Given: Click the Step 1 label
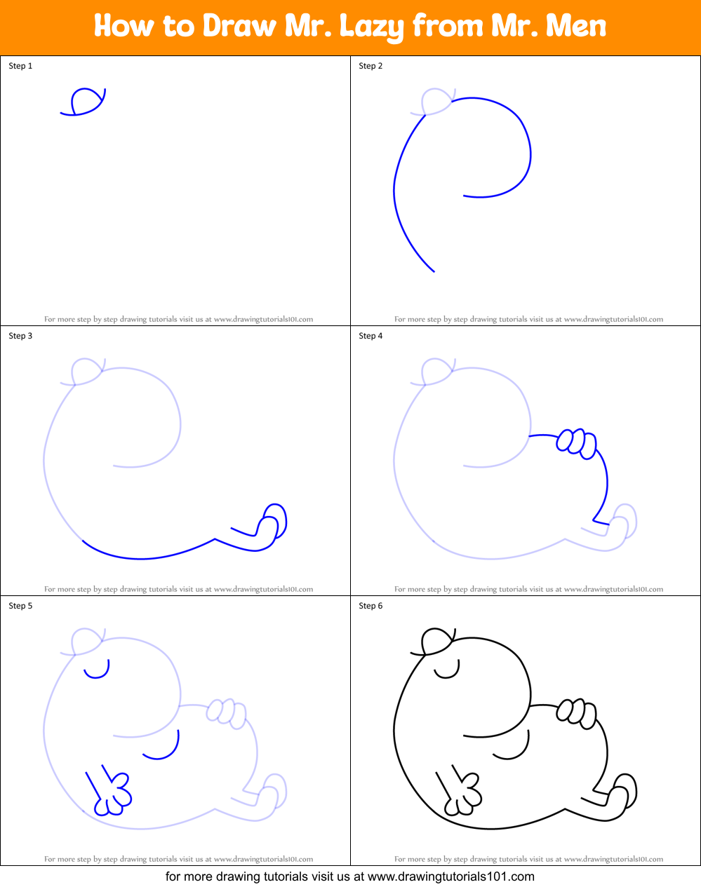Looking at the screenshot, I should coord(20,66).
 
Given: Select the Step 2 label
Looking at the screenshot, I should coord(370,66).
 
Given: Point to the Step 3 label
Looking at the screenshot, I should coord(20,336).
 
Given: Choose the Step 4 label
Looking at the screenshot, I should coord(370,336).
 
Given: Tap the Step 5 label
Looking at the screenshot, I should coord(20,606).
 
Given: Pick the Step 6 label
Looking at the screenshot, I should coord(370,606).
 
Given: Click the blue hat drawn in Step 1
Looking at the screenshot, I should coord(86,101).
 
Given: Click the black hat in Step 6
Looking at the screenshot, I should coord(436,641).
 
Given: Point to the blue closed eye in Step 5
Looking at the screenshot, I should coord(97,671).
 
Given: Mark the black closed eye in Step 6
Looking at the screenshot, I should coord(447,671).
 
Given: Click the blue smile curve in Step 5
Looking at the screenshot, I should coord(163,750).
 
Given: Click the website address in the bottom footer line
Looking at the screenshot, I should coord(450,876).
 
